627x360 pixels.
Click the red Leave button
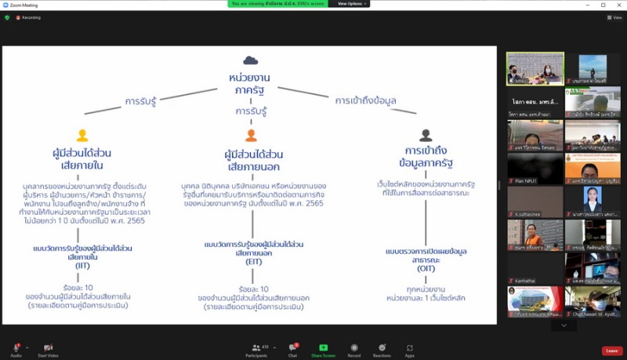(x=612, y=351)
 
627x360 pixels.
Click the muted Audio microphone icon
(x=16, y=347)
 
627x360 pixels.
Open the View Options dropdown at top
(x=350, y=4)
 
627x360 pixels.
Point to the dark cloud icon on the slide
(x=250, y=60)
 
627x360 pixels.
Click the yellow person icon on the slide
(x=82, y=136)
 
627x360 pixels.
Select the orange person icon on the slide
(x=251, y=136)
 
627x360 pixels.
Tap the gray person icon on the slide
(x=426, y=136)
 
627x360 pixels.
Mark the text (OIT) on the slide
(x=427, y=267)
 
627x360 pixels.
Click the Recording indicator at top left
(x=28, y=17)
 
